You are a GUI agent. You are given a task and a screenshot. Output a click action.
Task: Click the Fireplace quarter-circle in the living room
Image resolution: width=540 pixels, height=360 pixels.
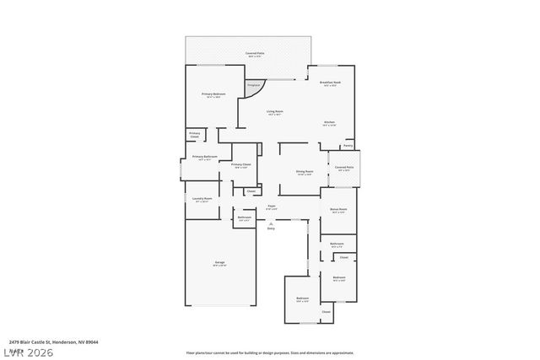[254, 86]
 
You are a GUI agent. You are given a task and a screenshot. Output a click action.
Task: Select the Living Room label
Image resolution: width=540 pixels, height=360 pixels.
[274, 112]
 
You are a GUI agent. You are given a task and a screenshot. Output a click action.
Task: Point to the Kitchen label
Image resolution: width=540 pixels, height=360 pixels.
[330, 123]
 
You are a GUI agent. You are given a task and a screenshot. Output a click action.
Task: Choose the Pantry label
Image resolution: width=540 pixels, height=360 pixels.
[348, 145]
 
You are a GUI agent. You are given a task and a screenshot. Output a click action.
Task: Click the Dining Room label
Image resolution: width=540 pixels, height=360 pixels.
[305, 173]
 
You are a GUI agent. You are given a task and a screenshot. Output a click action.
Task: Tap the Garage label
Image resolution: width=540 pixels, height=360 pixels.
[219, 264]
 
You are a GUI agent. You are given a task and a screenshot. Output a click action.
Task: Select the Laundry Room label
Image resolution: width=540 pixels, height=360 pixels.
[202, 200]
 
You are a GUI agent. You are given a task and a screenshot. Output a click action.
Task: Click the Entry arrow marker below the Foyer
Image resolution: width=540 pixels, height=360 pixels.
[271, 224]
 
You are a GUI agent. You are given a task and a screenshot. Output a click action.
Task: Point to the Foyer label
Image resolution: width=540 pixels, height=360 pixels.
[271, 207]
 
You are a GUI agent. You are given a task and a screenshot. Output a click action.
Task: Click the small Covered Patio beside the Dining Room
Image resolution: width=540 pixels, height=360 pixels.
[343, 168]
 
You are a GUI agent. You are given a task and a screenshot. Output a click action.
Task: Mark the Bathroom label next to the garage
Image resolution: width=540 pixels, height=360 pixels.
[244, 218]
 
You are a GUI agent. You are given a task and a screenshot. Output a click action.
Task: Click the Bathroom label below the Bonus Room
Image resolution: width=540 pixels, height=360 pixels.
[337, 244]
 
